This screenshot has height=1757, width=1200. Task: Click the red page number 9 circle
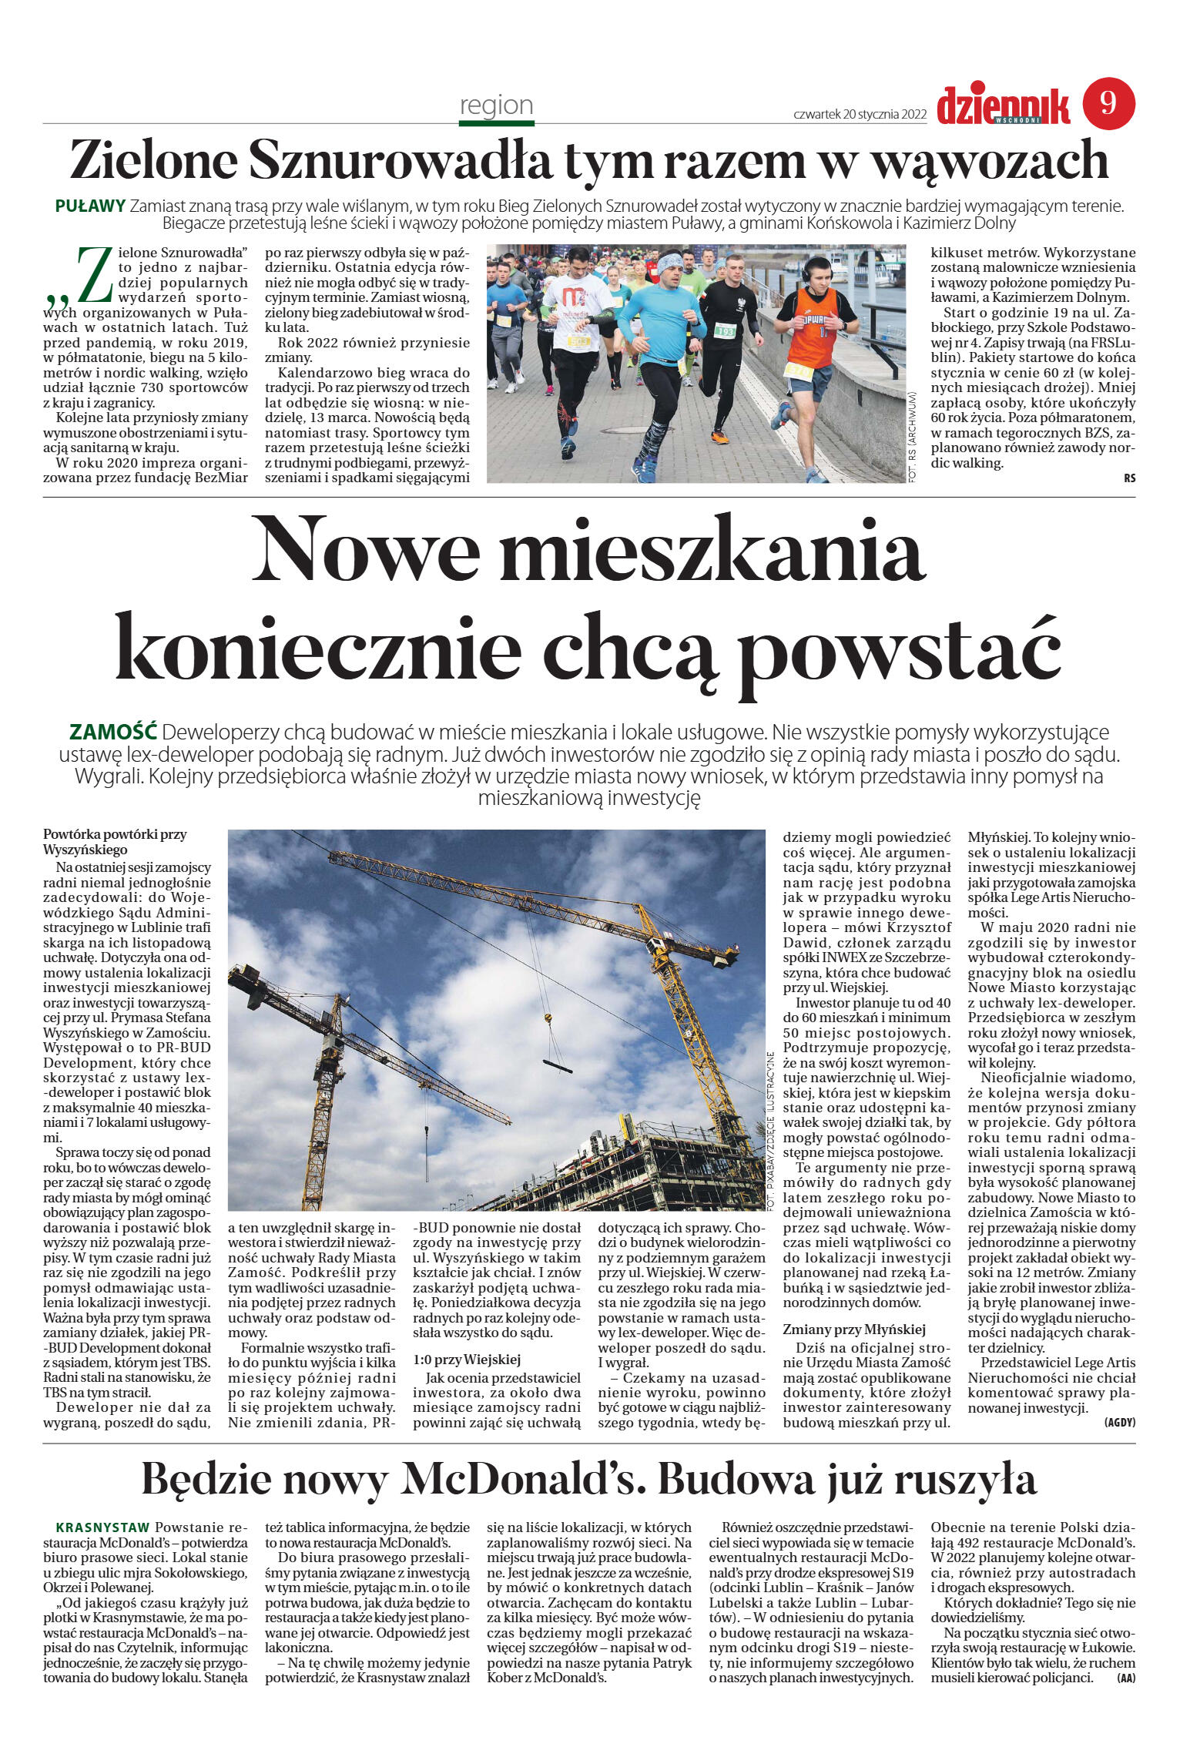1108,103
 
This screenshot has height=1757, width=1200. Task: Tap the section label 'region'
496,105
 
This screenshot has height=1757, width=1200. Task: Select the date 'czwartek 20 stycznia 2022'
860,114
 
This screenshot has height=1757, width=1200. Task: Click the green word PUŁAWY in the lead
90,206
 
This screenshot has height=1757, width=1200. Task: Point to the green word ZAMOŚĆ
113,730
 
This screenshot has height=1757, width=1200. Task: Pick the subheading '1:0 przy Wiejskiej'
467,1360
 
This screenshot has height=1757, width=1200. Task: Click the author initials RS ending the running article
1129,478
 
